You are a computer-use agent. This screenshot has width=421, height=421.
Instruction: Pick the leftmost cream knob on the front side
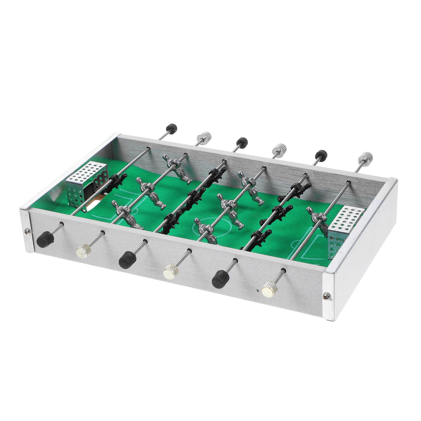tap(83, 249)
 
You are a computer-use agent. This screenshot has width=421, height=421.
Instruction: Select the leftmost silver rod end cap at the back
tap(204, 136)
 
